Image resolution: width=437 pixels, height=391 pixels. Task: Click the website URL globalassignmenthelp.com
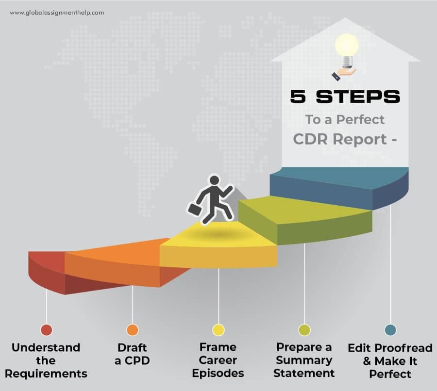(57, 13)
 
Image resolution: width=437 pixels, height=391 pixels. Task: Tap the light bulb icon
(347, 47)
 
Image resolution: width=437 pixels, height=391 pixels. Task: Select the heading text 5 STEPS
(345, 97)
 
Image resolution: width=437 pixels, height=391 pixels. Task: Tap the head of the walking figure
(214, 180)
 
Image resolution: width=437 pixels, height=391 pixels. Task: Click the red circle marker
(46, 330)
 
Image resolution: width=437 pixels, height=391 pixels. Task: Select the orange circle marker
(132, 330)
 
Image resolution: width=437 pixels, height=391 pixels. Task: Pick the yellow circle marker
(218, 330)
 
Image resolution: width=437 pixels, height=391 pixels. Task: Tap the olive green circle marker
(304, 330)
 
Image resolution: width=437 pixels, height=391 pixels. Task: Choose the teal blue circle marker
(390, 330)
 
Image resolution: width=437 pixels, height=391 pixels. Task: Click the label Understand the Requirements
(46, 360)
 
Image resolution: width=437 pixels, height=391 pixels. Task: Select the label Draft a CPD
(132, 354)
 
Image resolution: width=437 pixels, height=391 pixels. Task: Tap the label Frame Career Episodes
(218, 360)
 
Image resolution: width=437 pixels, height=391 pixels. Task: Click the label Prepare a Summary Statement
(304, 360)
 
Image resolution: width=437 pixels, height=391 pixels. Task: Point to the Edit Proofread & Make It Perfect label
(390, 361)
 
